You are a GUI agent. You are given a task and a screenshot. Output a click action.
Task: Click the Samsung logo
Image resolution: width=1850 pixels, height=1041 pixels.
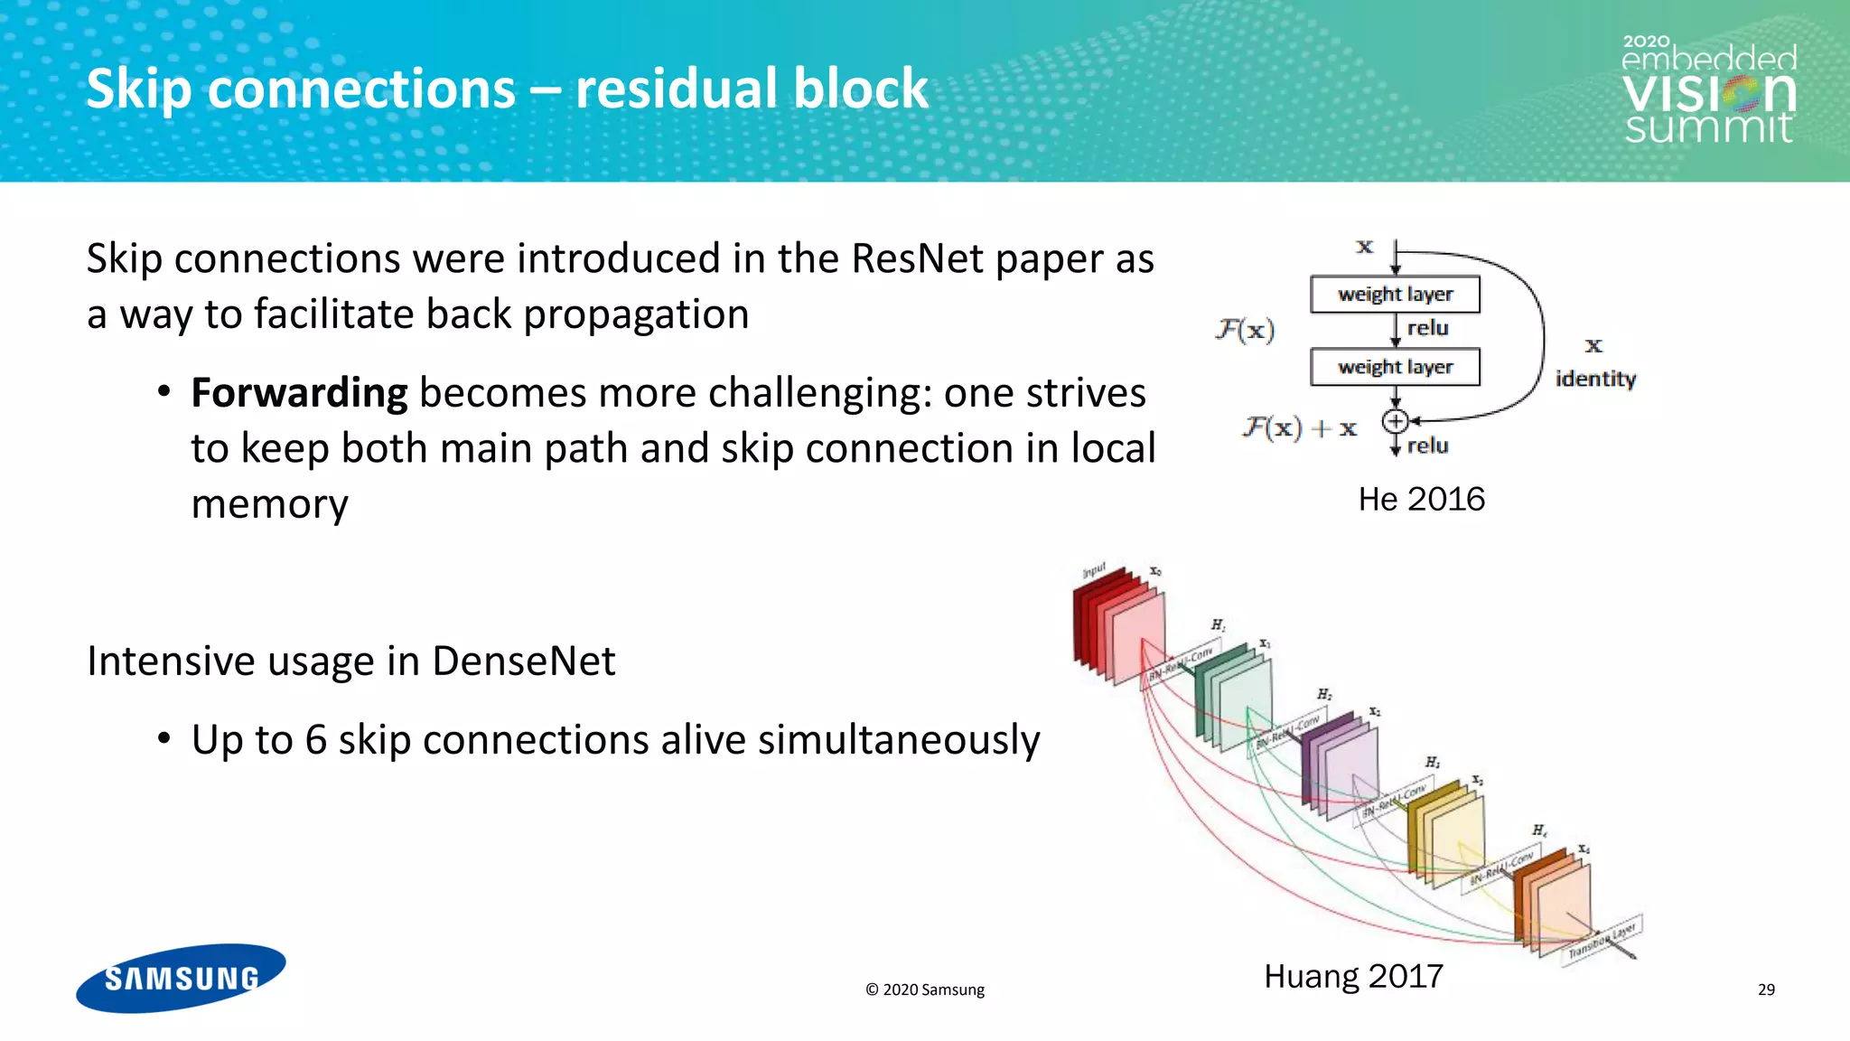[181, 978]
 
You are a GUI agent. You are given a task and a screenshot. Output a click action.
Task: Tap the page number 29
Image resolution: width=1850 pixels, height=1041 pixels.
[1766, 989]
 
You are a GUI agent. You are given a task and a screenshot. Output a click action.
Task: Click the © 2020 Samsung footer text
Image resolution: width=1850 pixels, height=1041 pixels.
[924, 989]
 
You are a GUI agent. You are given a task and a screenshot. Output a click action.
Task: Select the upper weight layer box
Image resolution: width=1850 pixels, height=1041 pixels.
[1395, 295]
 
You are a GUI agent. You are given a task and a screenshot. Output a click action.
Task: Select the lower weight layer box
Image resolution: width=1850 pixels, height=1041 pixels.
[1395, 367]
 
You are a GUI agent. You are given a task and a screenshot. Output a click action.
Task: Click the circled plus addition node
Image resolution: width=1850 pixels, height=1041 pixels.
[1395, 421]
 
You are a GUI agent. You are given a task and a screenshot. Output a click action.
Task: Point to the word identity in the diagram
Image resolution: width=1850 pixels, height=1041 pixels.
[1595, 379]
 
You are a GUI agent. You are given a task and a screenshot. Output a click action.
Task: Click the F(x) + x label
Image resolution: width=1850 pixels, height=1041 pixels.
[1300, 427]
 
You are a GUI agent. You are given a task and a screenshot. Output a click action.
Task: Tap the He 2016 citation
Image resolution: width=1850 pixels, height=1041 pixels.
[1421, 499]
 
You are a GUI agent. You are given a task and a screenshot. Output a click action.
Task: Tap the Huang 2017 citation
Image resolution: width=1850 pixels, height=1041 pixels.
[1352, 976]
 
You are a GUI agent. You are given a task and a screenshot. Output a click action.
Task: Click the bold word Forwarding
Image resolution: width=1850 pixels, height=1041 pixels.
[299, 393]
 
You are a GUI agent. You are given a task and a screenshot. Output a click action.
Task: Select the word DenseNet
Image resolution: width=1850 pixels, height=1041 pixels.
[523, 661]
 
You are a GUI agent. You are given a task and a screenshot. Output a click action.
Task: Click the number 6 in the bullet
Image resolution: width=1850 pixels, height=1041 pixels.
[315, 740]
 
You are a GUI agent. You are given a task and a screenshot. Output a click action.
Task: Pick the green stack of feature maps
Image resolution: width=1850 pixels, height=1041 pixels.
[1234, 696]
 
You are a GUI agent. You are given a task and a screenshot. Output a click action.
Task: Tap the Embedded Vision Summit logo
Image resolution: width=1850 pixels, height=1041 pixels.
[1708, 90]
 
